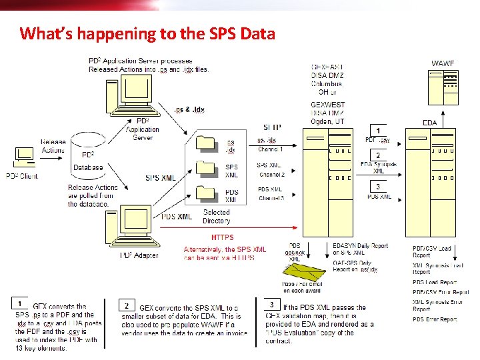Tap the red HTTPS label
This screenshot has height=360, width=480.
[222, 237]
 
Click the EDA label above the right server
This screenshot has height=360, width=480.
[430, 123]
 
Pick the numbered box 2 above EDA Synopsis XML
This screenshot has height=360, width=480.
[378, 155]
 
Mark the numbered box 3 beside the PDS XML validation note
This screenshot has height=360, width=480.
[271, 304]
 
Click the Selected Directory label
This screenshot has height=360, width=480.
[216, 216]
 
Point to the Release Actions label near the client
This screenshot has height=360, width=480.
[53, 146]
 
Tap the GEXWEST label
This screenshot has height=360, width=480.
[327, 105]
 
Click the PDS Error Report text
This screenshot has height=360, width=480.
[435, 319]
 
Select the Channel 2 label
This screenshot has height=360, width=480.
[272, 175]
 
